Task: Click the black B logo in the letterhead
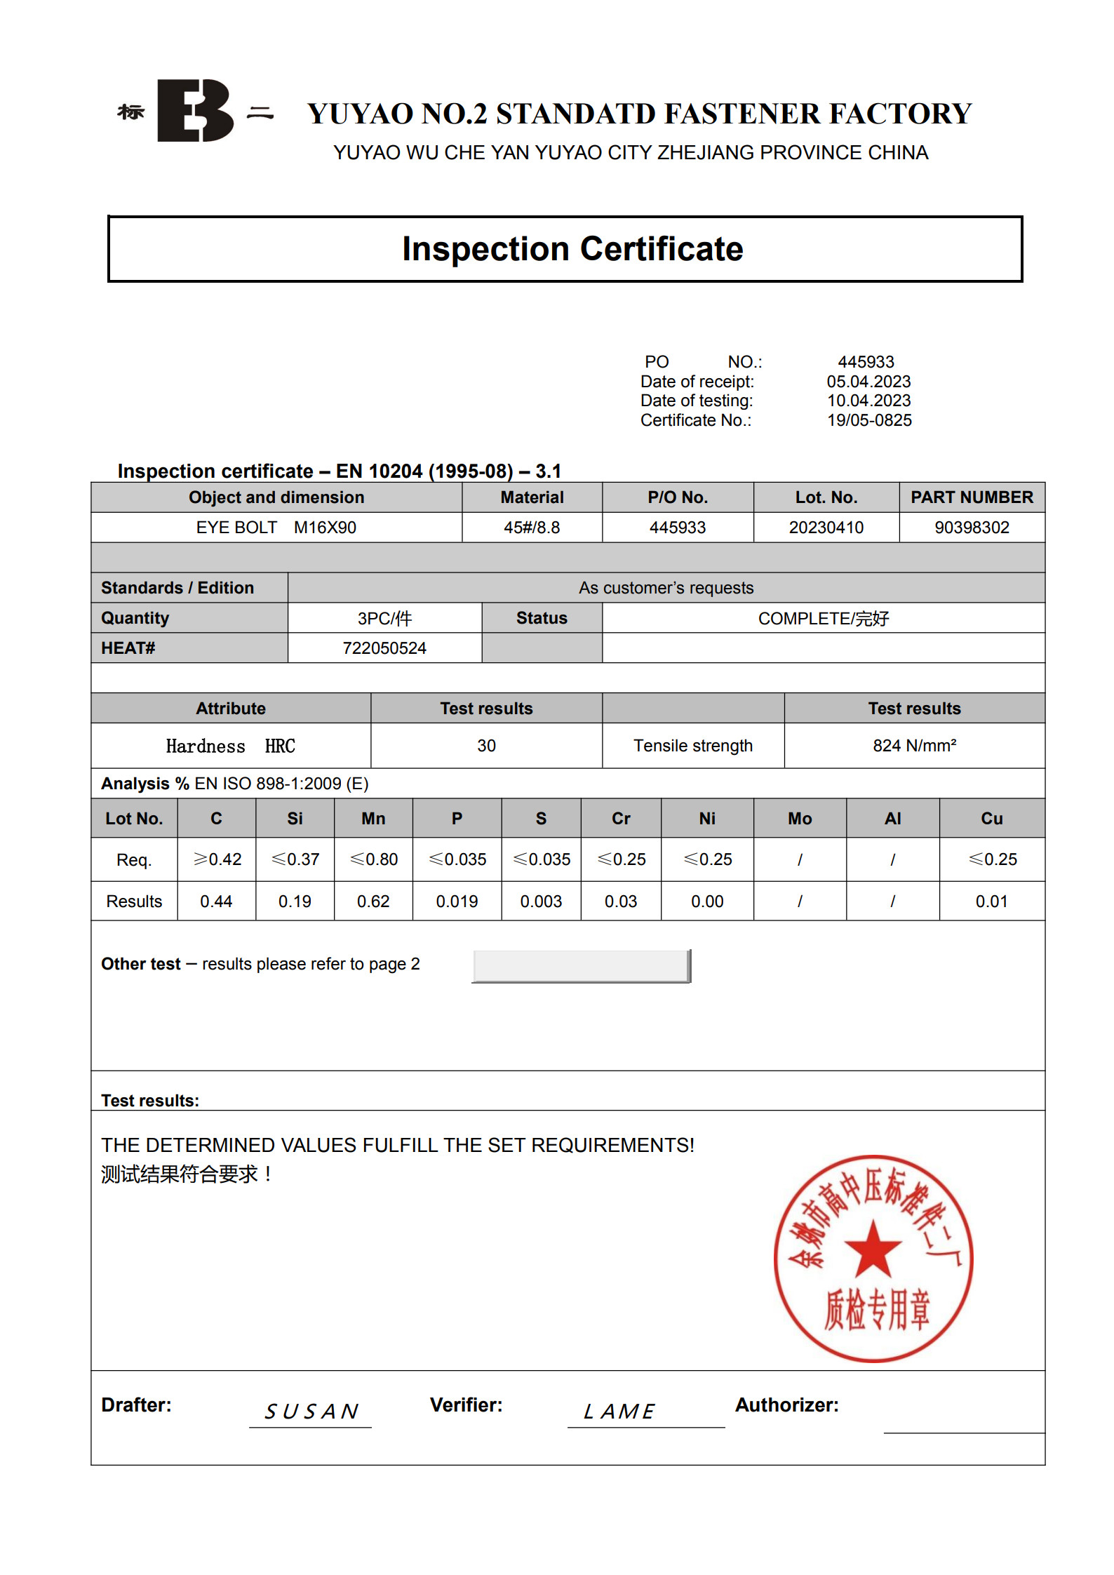pos(194,111)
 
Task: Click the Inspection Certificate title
pos(572,249)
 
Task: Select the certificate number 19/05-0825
pos(868,420)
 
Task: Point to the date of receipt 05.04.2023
pos(868,382)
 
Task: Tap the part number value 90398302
pos(971,528)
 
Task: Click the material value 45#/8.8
pos(532,528)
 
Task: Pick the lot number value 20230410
pos(826,528)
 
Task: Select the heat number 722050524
pos(384,648)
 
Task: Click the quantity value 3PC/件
pos(384,618)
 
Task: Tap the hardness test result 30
pos(486,746)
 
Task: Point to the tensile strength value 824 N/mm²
pos(914,746)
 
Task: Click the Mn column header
pos(373,819)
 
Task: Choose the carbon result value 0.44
pos(216,902)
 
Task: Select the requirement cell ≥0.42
pos(217,859)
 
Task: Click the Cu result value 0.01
pos(991,902)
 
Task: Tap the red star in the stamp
pos(873,1249)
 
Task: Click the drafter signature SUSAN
pos(311,1411)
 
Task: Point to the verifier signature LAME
pos(619,1411)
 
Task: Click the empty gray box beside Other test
pos(581,966)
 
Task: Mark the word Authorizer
pos(786,1405)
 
